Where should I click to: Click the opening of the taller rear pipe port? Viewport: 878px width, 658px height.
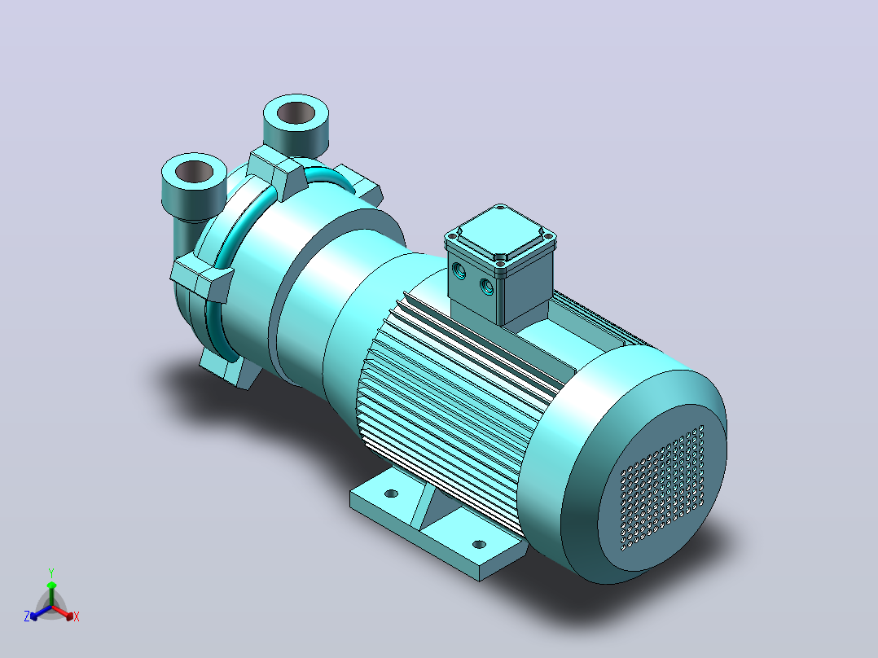pyautogui.click(x=296, y=112)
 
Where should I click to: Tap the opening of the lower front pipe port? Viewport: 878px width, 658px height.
pyautogui.click(x=195, y=171)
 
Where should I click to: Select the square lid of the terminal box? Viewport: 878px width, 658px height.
pyautogui.click(x=500, y=234)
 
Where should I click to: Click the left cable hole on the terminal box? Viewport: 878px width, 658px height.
pyautogui.click(x=459, y=272)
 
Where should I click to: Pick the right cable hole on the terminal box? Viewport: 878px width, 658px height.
pyautogui.click(x=486, y=287)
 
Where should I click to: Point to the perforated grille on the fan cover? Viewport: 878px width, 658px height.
pyautogui.click(x=662, y=488)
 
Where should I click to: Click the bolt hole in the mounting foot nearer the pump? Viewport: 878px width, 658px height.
pyautogui.click(x=392, y=493)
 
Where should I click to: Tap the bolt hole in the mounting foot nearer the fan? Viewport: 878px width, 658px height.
pyautogui.click(x=479, y=544)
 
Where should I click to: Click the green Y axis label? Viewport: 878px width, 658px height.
pyautogui.click(x=51, y=572)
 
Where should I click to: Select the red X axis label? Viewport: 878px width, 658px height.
pyautogui.click(x=77, y=616)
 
